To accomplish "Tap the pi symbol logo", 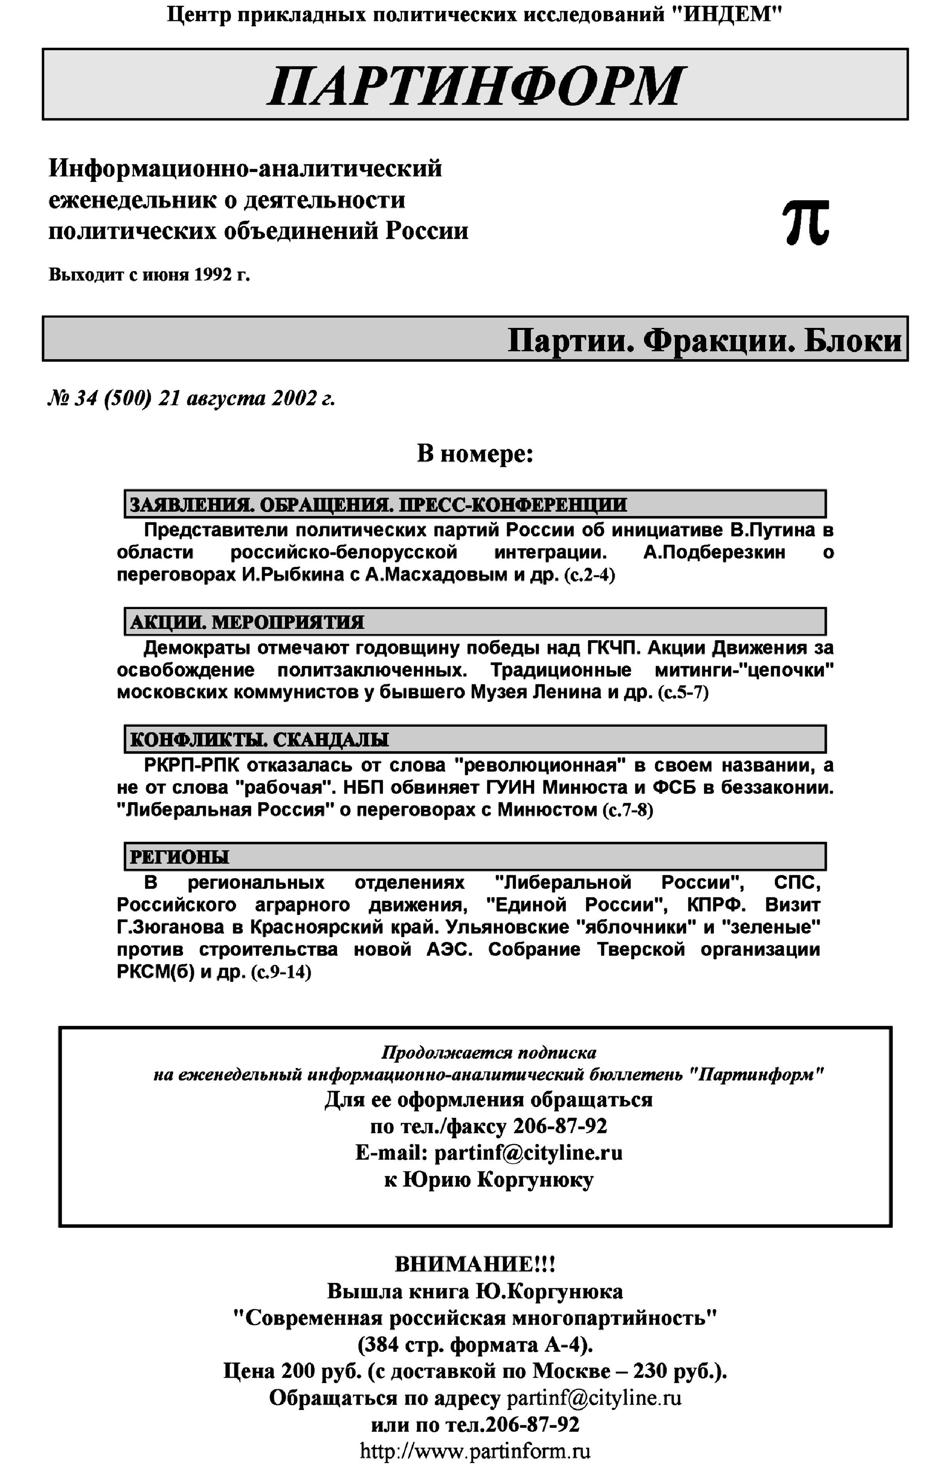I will click(806, 223).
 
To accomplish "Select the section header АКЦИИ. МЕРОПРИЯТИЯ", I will click(247, 622).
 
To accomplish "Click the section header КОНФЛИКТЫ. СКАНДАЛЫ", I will click(259, 739).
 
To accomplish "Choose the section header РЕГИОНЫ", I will click(180, 857).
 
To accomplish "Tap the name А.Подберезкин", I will click(714, 552).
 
